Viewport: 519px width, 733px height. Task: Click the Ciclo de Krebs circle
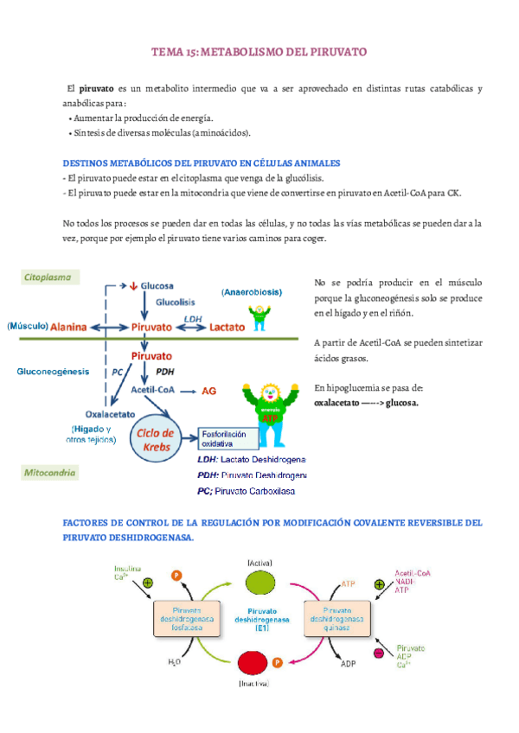coord(157,438)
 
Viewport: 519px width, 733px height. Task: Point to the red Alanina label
coord(68,328)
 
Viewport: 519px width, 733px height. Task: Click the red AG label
coord(208,391)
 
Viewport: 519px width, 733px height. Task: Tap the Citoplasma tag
coord(52,277)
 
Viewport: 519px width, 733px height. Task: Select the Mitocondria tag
coord(48,473)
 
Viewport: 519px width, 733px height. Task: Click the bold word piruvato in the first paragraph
coord(96,89)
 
